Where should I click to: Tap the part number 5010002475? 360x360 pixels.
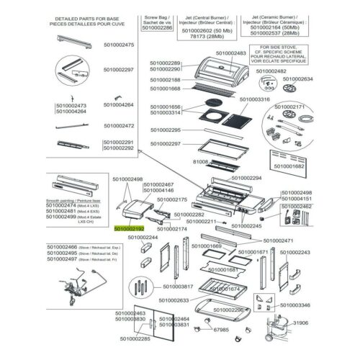point(119,45)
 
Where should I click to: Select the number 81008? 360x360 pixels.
point(198,163)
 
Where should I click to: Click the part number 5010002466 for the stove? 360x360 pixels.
point(62,246)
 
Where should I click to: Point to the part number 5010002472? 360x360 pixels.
point(119,125)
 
